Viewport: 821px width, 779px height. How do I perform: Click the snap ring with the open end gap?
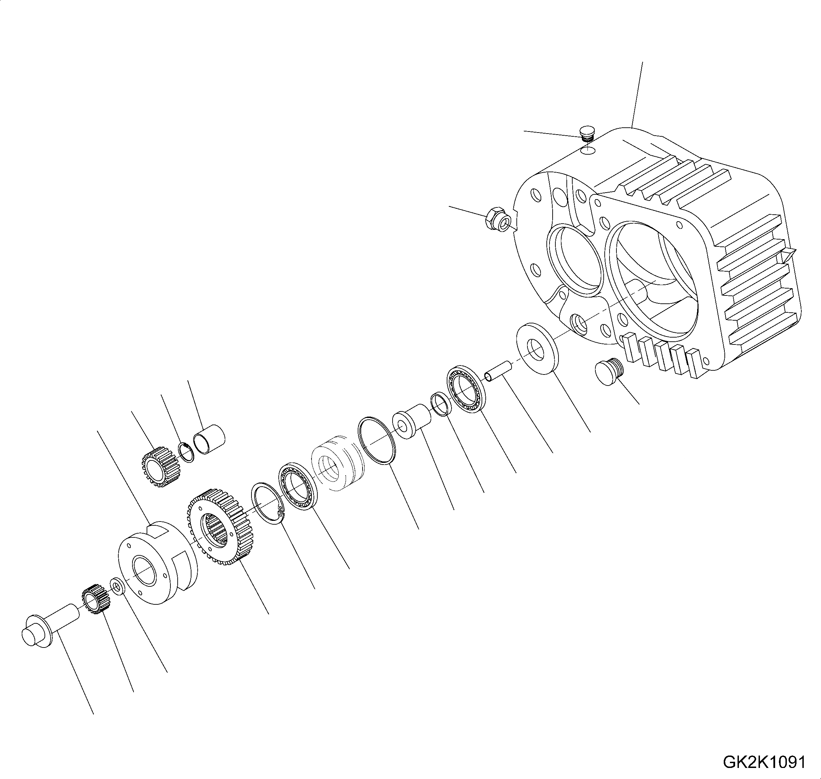coord(267,504)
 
